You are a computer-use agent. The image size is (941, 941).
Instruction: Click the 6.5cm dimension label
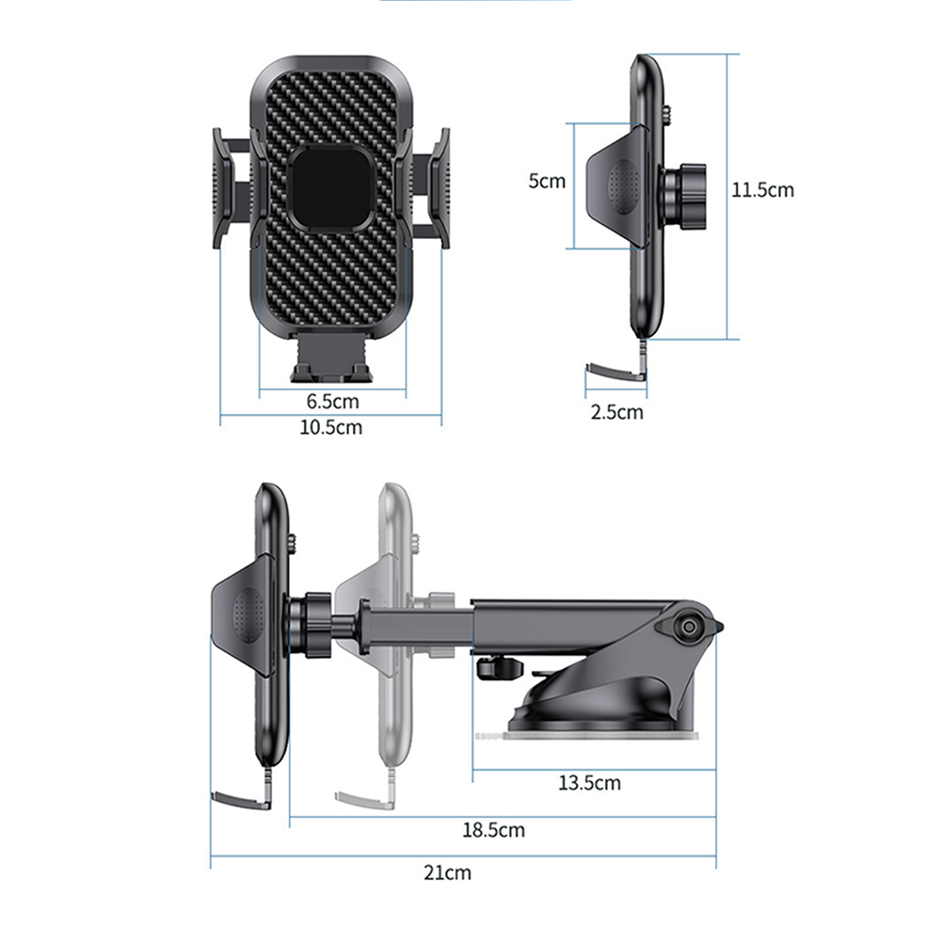coord(332,401)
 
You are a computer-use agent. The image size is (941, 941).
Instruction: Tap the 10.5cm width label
coord(331,427)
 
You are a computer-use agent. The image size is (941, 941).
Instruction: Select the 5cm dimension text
coord(547,181)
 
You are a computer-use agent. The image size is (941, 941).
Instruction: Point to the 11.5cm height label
coord(762,190)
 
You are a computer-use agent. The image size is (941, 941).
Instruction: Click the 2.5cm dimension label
coord(617,412)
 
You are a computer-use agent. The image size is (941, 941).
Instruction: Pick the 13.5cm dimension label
coord(589,783)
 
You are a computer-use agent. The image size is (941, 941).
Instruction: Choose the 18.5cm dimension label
coord(493,830)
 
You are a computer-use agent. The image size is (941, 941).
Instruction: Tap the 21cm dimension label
coord(447,872)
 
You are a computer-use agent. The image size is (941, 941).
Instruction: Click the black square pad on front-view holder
coord(332,188)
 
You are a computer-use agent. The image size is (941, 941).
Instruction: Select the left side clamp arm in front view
coord(232,188)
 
